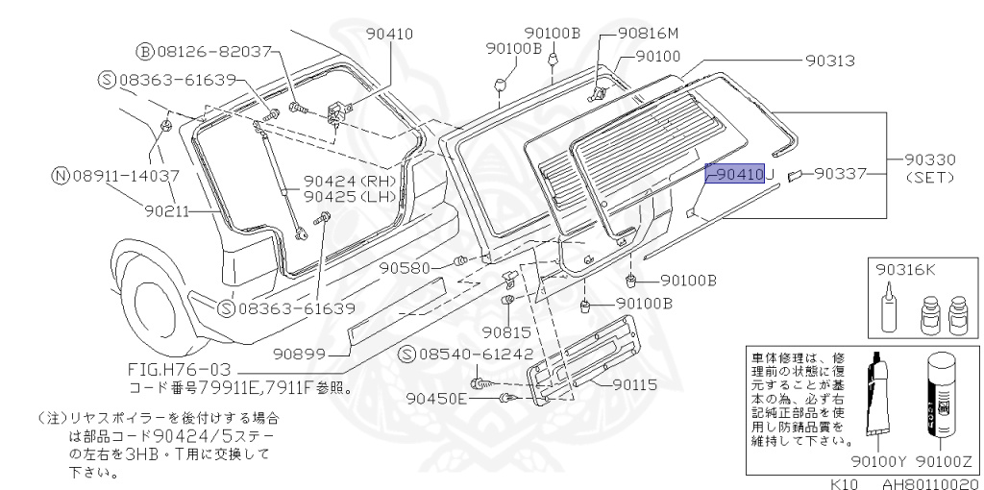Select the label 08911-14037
126,176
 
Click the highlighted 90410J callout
739,174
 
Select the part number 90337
840,174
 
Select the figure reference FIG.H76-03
180,370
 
